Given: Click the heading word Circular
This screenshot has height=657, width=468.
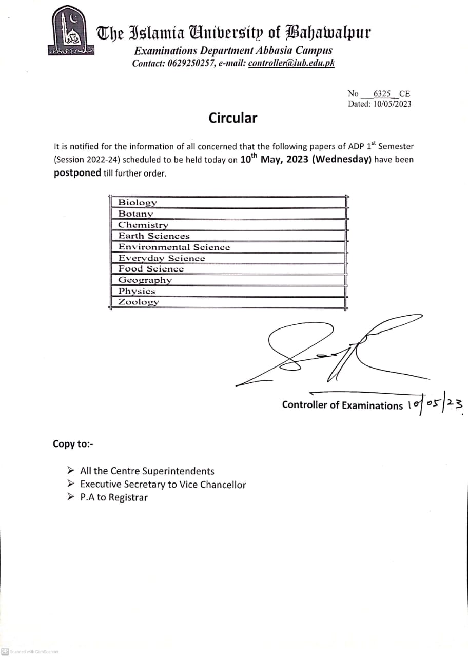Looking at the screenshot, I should coord(232,118).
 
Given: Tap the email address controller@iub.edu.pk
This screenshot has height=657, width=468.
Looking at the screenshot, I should coord(291,63).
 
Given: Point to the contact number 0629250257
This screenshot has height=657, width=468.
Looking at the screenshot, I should coord(190,63).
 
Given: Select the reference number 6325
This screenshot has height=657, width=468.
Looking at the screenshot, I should coord(382,94).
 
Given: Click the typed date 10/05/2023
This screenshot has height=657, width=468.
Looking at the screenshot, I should coord(392,104).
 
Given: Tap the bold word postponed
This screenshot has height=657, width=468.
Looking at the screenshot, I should coord(77,173).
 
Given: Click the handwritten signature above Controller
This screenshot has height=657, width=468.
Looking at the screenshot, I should coord(328,352).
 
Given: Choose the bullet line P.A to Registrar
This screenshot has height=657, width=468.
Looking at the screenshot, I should coord(113,497).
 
